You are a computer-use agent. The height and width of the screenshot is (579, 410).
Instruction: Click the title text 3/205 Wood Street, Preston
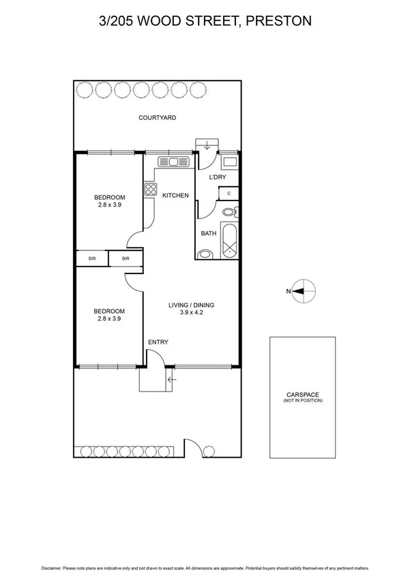point(205,21)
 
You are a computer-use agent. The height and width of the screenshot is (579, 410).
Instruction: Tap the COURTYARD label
point(158,118)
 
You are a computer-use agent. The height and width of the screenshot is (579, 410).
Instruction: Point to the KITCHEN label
point(175,196)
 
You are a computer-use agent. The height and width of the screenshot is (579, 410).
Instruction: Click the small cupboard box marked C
point(229,194)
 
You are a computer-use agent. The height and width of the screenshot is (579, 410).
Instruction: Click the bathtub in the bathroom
point(229,240)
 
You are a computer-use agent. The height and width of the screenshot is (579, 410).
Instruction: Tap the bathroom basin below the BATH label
point(205,255)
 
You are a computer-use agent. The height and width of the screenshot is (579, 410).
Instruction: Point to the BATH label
point(208,233)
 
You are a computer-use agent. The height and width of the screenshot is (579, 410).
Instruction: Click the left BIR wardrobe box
point(92,258)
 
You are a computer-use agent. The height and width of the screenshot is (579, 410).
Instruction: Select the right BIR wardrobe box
point(126,258)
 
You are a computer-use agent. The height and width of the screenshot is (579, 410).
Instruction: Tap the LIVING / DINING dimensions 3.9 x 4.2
point(192,313)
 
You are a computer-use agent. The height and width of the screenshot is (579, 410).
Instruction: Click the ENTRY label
point(158,342)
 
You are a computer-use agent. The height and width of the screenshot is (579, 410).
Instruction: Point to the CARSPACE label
point(303,394)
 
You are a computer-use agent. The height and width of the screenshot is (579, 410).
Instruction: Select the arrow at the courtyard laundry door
point(207,145)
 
